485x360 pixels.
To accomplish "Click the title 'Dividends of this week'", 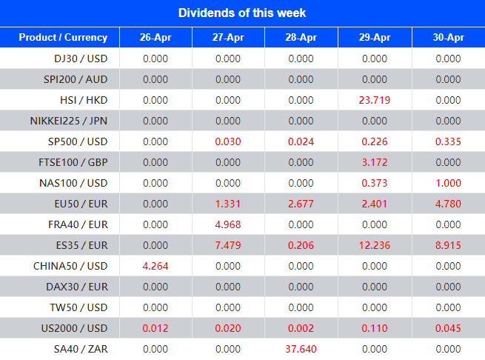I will point(242,13).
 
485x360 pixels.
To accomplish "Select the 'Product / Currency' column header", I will point(63,38).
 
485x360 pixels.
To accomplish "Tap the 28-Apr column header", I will point(301,38).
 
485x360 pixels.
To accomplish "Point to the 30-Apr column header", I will point(448,38).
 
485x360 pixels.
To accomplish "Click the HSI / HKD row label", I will point(76,100).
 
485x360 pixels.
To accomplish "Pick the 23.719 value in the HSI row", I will point(375,100).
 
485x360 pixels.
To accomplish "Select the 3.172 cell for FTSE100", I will point(375,162).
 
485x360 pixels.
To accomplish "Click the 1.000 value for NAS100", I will point(448,183).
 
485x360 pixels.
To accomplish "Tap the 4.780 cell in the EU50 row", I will point(448,204).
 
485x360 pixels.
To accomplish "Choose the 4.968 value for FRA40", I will point(228,224).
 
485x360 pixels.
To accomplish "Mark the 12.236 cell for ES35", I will point(375,245).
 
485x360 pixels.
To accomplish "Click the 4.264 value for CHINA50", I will point(155,266).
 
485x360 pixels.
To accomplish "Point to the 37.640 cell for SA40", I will point(301,349).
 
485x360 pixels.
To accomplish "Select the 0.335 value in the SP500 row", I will point(448,141).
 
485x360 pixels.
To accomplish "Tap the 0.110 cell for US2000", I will point(375,328).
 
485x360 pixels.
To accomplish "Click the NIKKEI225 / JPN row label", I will point(68,121).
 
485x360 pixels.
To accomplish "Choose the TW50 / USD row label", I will point(75,307).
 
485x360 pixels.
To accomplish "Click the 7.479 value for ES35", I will point(228,245).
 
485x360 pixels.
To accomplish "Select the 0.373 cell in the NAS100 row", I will point(375,183).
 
